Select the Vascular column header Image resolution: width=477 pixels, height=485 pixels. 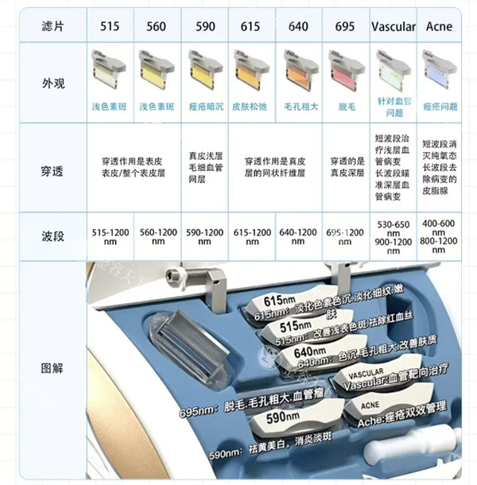(x=393, y=26)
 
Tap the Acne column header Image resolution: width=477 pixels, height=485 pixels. (x=439, y=26)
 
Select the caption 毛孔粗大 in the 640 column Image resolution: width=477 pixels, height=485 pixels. (x=298, y=107)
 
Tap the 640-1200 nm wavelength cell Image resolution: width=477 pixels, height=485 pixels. (x=298, y=237)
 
